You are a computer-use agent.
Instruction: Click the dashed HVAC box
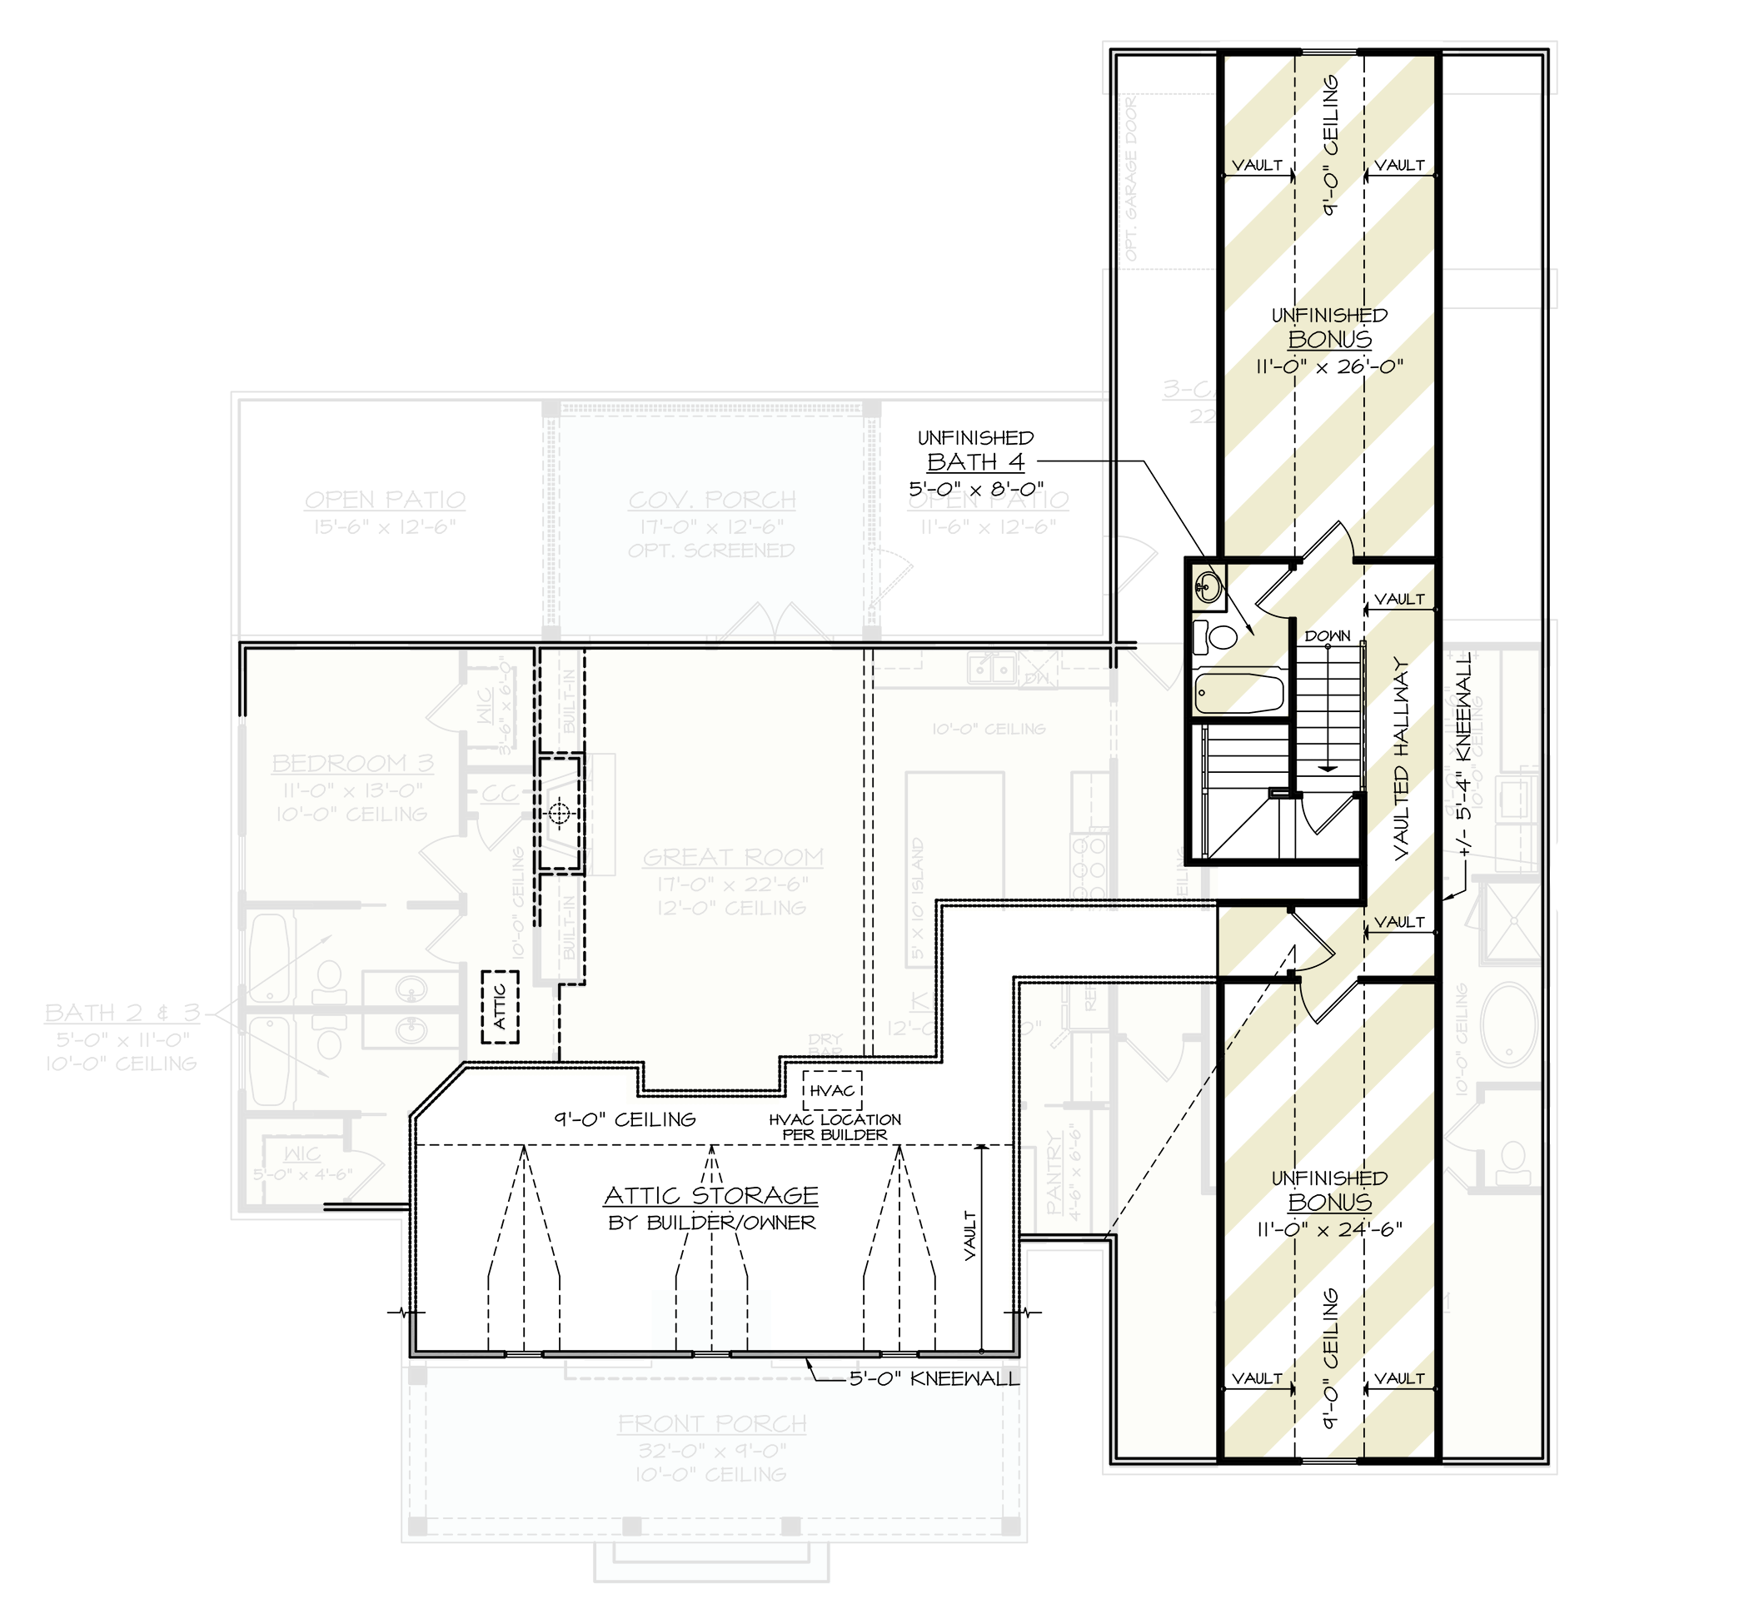click(x=831, y=1090)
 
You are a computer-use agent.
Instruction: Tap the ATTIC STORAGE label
click(x=711, y=1195)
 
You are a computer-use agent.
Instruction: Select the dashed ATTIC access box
click(x=499, y=1007)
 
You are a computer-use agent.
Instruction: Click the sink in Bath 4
click(x=1208, y=585)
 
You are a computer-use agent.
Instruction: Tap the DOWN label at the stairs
click(x=1327, y=635)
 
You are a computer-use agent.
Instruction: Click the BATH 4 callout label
click(x=975, y=462)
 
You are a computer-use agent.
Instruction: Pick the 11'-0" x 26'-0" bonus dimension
click(x=1329, y=366)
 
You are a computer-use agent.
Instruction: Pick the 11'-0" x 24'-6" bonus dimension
click(x=1329, y=1229)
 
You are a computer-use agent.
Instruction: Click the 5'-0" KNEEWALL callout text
click(x=934, y=1379)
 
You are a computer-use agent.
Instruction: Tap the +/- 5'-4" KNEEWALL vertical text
click(x=1463, y=754)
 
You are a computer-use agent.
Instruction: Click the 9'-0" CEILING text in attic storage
click(x=624, y=1119)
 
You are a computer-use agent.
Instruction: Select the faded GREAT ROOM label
click(x=733, y=857)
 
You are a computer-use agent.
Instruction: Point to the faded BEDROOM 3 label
click(x=351, y=763)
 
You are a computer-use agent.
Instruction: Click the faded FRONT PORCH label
click(x=712, y=1423)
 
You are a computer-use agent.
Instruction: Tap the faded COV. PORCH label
click(x=712, y=500)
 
